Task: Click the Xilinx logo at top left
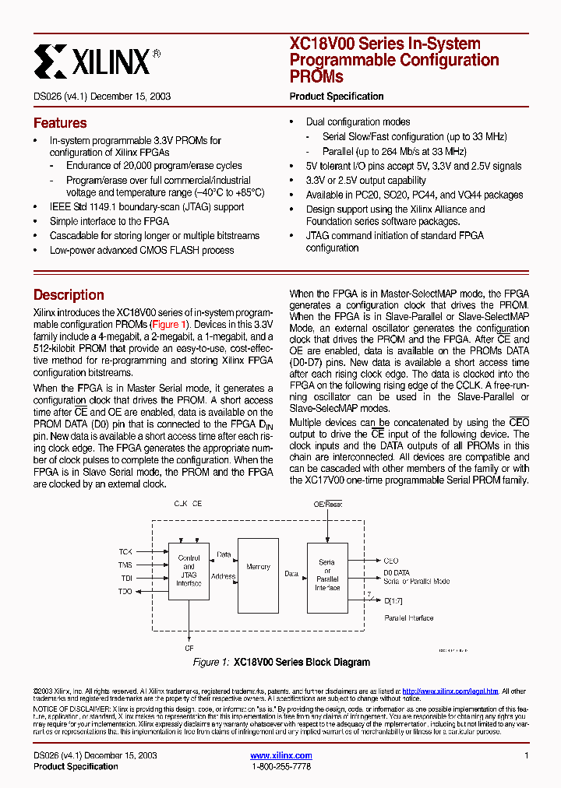pyautogui.click(x=97, y=60)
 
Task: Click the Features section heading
pyautogui.click(x=60, y=123)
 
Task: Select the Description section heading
pyautogui.click(x=69, y=295)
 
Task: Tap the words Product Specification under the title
pyautogui.click(x=337, y=97)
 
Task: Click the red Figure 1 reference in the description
pyautogui.click(x=169, y=324)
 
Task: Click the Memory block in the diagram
pyautogui.click(x=258, y=567)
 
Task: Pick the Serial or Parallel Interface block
pyautogui.click(x=327, y=575)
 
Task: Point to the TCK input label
pyautogui.click(x=125, y=551)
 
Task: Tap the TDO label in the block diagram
pyautogui.click(x=125, y=592)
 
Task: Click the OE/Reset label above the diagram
pyautogui.click(x=328, y=505)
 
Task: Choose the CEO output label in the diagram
pyautogui.click(x=391, y=561)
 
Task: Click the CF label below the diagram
pyautogui.click(x=189, y=648)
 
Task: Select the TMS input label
pyautogui.click(x=125, y=565)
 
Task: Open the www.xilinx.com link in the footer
pyautogui.click(x=281, y=755)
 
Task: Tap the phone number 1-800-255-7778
pyautogui.click(x=281, y=767)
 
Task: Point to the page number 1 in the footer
pyautogui.click(x=527, y=755)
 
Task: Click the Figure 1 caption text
pyautogui.click(x=281, y=663)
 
